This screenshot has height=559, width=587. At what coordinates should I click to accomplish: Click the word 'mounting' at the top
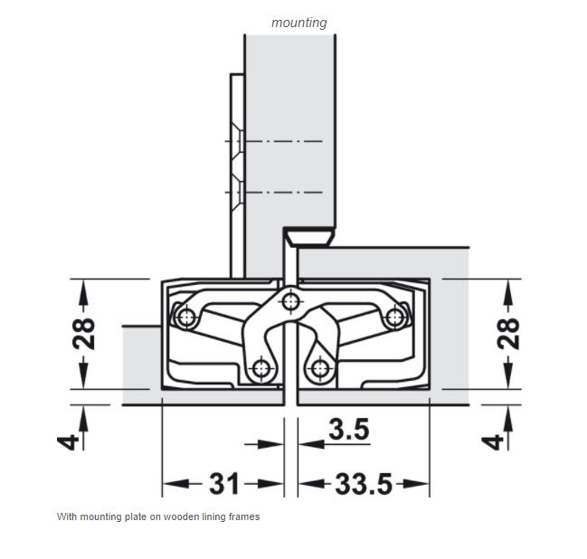click(299, 23)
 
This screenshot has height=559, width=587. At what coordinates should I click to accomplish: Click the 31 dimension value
click(223, 483)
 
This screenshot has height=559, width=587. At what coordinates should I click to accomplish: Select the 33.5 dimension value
click(363, 484)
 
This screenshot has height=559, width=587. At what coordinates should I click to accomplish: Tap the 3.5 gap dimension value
click(349, 429)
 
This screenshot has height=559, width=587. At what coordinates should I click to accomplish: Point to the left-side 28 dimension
click(84, 334)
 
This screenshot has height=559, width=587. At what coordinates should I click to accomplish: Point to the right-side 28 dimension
click(508, 334)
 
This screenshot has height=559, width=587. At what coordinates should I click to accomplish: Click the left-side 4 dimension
click(68, 442)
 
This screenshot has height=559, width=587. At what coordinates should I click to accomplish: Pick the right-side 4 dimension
click(492, 442)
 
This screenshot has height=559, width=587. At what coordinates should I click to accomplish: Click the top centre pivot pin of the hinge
click(290, 301)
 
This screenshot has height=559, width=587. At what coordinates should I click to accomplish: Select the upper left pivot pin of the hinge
click(186, 317)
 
